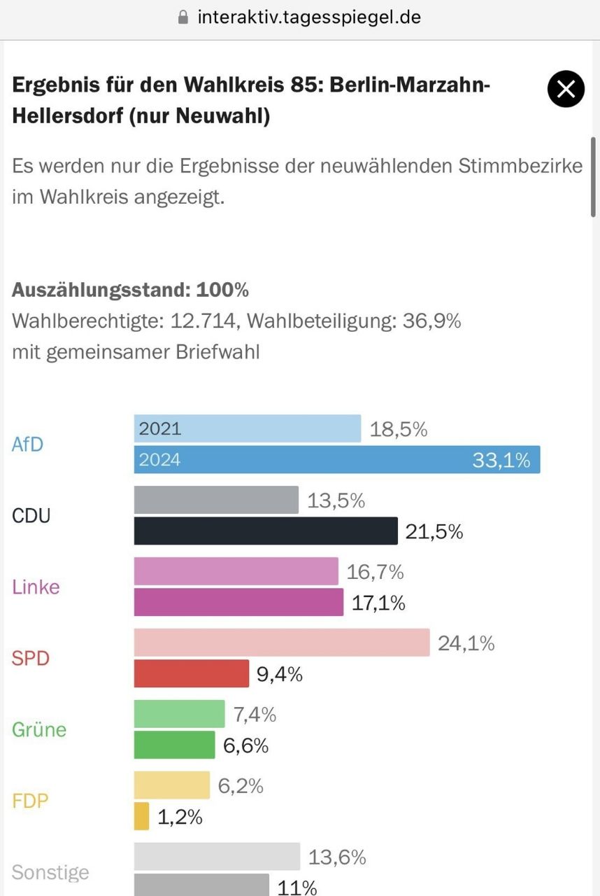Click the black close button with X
click(x=566, y=89)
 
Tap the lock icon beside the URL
click(x=184, y=17)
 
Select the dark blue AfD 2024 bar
click(x=336, y=459)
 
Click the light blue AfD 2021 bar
click(x=248, y=428)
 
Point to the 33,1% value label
click(x=501, y=460)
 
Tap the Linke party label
click(x=36, y=587)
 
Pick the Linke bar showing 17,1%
click(x=238, y=602)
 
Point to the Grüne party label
click(x=39, y=729)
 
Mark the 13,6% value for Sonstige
click(x=337, y=857)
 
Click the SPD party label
click(x=31, y=658)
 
